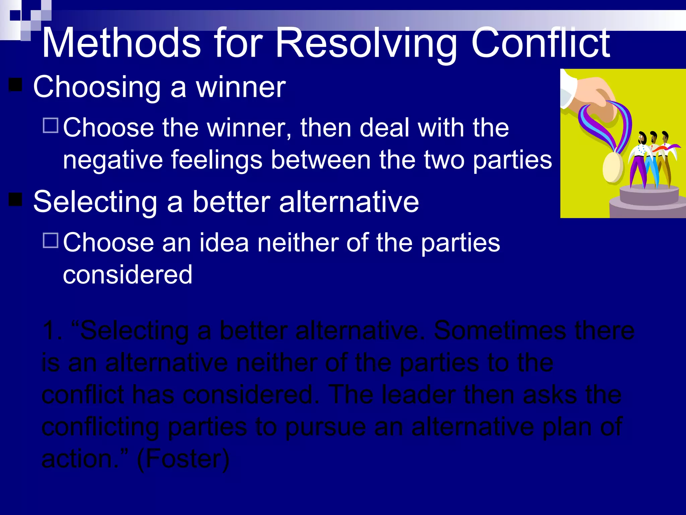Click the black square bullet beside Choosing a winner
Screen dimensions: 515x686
tap(15, 85)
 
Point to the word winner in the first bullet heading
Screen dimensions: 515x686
tap(241, 87)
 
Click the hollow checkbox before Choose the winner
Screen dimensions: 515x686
tap(51, 125)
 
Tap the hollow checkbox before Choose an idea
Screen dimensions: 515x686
tap(51, 240)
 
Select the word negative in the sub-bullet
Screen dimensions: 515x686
tap(113, 160)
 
